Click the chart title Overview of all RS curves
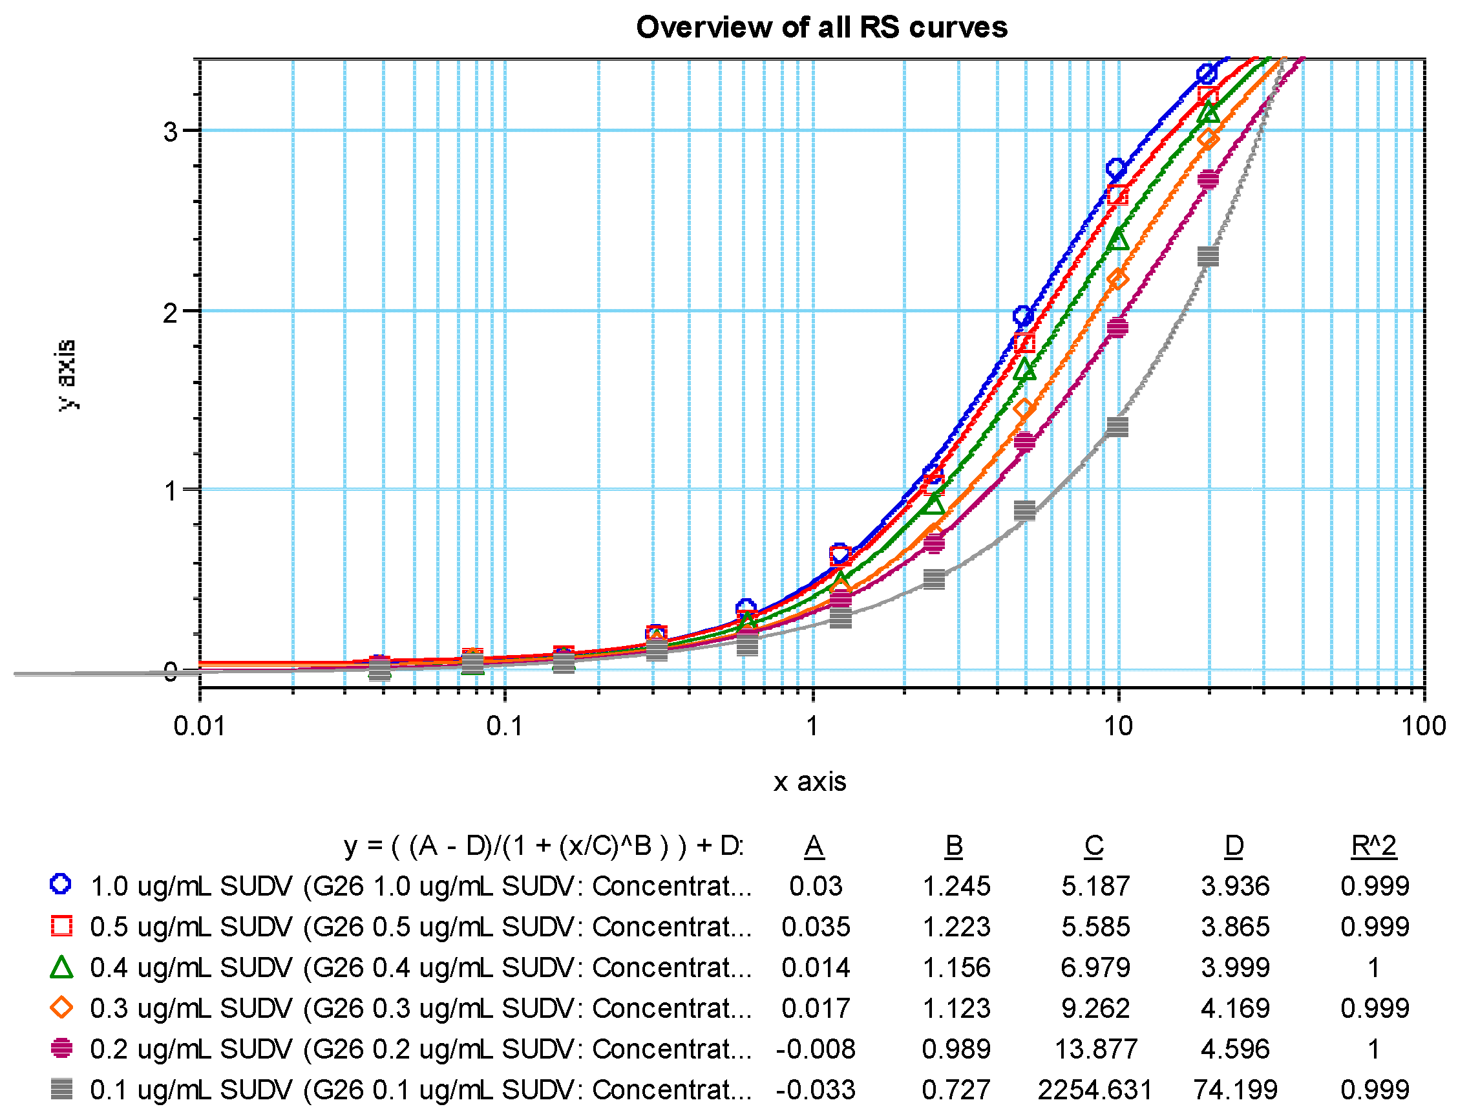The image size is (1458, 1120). click(821, 27)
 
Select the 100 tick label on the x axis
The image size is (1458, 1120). click(1422, 726)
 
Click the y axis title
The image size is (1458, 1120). click(67, 374)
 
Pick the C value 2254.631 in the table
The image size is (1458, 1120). click(1094, 1090)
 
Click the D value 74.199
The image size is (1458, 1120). click(1235, 1090)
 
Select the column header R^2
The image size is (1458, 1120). click(1373, 846)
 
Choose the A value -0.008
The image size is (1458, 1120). click(815, 1050)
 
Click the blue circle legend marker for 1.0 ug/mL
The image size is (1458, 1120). click(61, 884)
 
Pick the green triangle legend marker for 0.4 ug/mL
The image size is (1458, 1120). click(61, 967)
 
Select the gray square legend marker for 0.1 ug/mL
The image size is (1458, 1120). click(61, 1090)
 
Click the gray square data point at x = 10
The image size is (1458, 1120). click(1117, 427)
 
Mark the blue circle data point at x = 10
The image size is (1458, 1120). click(1116, 169)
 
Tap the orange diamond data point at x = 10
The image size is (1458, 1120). click(1117, 279)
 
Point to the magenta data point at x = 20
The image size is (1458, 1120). click(1207, 179)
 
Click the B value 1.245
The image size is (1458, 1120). click(956, 887)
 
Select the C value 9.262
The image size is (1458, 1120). click(1095, 1009)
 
